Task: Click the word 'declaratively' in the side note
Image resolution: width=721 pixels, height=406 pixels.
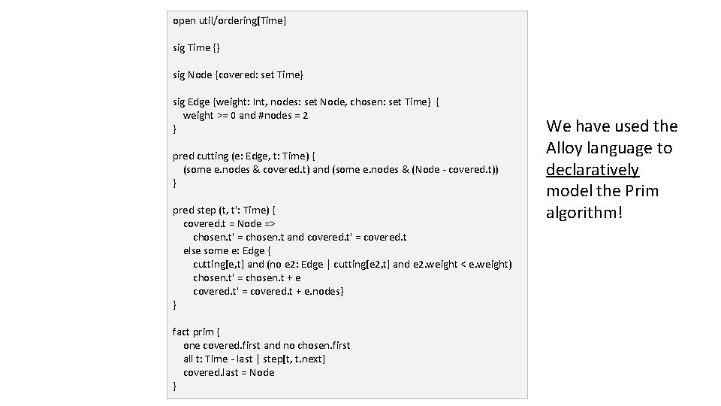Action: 593,169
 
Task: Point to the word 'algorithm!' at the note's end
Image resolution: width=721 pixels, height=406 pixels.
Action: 584,213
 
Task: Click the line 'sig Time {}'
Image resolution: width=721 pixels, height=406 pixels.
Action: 196,47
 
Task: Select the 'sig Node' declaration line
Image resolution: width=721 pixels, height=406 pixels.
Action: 238,74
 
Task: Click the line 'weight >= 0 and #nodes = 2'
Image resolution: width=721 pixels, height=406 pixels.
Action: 246,115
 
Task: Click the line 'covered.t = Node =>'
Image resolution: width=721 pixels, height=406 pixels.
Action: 229,223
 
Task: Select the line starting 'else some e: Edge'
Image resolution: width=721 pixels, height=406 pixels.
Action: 227,250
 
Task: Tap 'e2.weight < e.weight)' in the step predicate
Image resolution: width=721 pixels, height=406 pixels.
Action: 463,264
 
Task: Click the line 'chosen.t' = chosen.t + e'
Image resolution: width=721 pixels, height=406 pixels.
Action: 246,277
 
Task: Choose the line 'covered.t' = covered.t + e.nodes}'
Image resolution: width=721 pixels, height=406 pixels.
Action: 268,291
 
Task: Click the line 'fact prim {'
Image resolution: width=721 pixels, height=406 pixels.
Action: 197,332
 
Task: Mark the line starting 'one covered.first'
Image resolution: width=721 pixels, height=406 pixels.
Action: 267,345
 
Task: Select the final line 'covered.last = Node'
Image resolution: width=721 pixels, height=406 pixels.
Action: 229,372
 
